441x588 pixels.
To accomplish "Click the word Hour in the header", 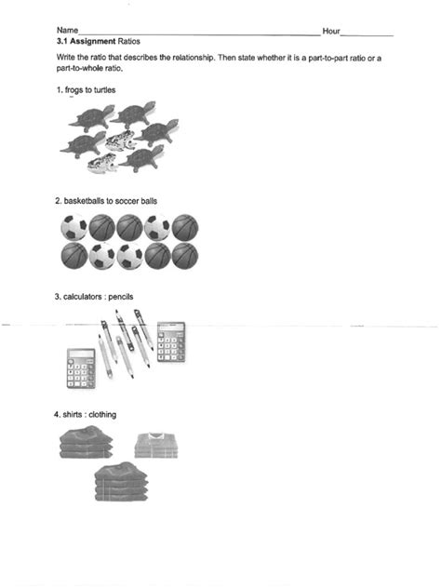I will point(331,32).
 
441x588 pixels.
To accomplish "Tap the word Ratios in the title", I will point(129,42).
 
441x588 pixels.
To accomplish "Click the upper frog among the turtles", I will point(121,140).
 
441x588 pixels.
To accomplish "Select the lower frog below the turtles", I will point(101,165).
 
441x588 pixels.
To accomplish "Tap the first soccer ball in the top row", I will point(73,228).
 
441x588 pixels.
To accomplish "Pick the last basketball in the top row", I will point(185,228).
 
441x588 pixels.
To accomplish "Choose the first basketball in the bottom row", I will point(73,256).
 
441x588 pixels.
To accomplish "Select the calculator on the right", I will point(171,341).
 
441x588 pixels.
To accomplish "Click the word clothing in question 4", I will point(103,414).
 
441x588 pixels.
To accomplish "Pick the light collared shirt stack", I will point(154,446).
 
